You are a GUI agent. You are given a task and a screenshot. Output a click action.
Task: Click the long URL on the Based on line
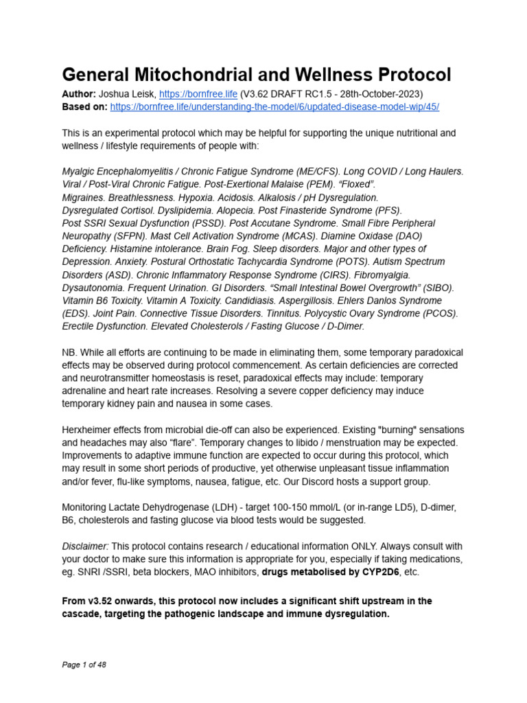(274, 107)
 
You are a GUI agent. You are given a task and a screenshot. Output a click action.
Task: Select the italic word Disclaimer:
(86, 546)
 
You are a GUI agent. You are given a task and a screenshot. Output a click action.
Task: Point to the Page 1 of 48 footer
(84, 665)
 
